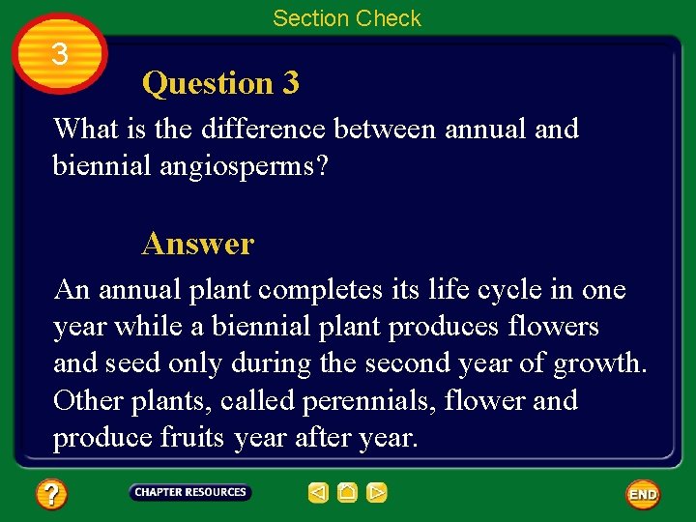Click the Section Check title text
(346, 18)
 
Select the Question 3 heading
(220, 84)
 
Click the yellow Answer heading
(197, 244)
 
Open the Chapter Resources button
(190, 493)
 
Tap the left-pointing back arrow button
(318, 493)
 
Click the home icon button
(347, 493)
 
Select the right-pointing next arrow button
(377, 493)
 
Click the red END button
(643, 494)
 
